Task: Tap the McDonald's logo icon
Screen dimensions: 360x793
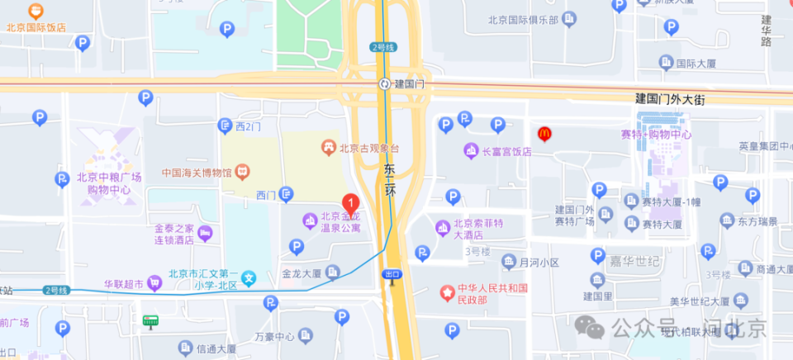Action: [x=544, y=132]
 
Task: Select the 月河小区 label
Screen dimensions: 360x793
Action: [x=539, y=263]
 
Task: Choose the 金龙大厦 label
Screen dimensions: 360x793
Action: [x=302, y=272]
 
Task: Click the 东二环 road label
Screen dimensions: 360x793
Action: [x=391, y=181]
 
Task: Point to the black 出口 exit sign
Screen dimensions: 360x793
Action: [x=392, y=273]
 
